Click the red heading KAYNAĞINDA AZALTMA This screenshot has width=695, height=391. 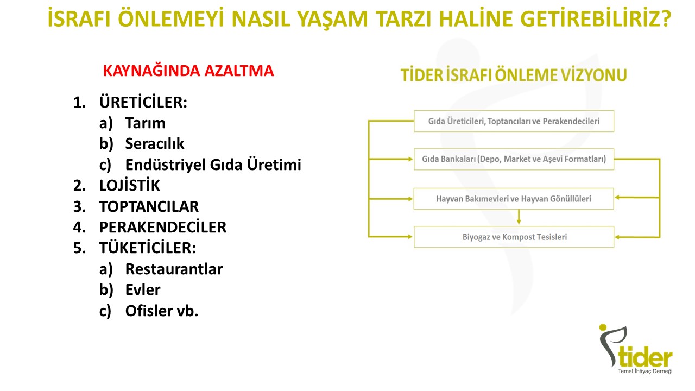188,71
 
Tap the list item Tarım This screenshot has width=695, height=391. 145,123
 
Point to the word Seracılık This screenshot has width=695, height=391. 155,144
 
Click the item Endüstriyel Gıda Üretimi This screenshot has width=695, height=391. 213,165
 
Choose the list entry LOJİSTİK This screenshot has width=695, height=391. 129,185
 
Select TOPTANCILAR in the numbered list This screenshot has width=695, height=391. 149,206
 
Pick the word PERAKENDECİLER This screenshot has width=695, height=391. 162,227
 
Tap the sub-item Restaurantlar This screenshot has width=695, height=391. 174,269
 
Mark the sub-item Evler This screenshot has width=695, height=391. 143,290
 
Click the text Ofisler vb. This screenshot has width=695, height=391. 162,311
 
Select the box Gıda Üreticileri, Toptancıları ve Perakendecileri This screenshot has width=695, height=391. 514,121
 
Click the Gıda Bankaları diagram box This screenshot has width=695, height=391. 514,159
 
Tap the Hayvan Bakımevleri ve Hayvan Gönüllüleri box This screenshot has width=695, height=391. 514,199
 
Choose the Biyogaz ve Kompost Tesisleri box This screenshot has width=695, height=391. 514,237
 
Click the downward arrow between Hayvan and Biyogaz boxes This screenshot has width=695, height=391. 519,217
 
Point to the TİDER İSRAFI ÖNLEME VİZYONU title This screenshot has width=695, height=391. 514,75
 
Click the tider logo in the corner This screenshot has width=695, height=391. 635,349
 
